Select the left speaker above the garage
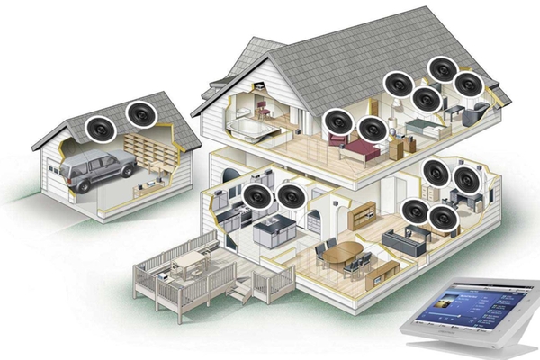click(100, 128)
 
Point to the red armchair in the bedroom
click(337, 139)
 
